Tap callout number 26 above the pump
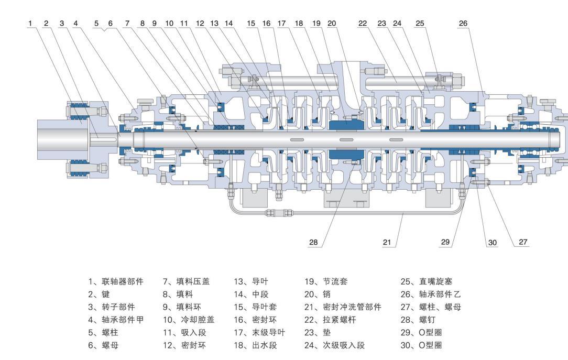click(463, 23)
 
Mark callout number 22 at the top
click(363, 23)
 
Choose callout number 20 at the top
click(331, 23)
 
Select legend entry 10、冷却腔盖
click(183, 319)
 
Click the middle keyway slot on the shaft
click(346, 139)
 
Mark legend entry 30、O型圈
click(418, 344)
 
